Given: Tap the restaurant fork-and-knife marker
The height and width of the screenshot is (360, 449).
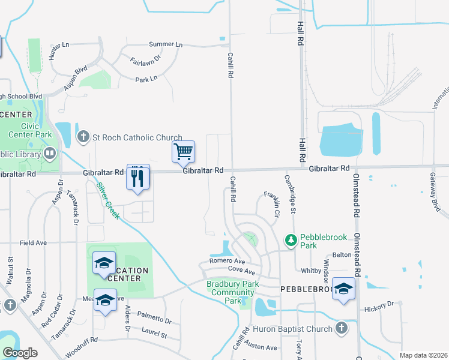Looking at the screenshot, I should [138, 177].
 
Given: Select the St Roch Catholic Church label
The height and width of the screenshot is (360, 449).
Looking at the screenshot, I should [137, 138].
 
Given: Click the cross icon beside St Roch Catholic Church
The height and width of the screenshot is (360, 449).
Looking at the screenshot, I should [83, 137].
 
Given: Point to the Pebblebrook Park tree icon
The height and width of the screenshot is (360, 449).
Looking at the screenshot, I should [291, 240].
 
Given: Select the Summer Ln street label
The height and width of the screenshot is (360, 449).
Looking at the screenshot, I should [166, 44].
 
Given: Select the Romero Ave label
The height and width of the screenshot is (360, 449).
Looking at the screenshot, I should [228, 262].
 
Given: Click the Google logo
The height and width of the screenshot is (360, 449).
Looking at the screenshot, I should [20, 353].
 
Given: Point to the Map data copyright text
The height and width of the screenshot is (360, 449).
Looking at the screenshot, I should [423, 355].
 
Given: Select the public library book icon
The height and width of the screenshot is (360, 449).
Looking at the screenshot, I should [50, 154].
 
